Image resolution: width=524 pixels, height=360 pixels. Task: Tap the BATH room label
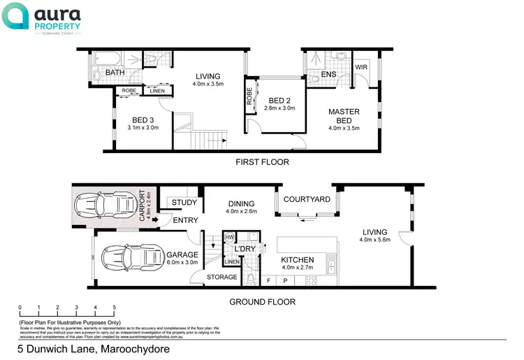pyautogui.click(x=115, y=73)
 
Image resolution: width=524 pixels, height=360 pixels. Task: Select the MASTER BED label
pyautogui.click(x=344, y=116)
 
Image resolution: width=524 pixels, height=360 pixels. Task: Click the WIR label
pyautogui.click(x=361, y=67)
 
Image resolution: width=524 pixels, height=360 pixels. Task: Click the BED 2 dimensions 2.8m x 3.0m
pyautogui.click(x=280, y=108)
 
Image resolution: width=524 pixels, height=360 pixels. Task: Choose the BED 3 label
pyautogui.click(x=143, y=120)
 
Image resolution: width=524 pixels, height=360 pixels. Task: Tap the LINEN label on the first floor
pyautogui.click(x=157, y=90)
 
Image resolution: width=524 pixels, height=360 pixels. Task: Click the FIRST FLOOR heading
pyautogui.click(x=263, y=162)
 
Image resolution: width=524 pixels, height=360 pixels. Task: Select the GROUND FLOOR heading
pyautogui.click(x=263, y=302)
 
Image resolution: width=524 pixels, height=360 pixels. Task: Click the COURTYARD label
pyautogui.click(x=307, y=199)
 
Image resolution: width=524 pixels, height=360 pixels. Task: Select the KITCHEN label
pyautogui.click(x=298, y=260)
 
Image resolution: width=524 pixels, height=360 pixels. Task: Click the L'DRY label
pyautogui.click(x=245, y=249)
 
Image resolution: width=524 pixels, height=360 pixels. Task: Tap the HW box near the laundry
pyautogui.click(x=228, y=238)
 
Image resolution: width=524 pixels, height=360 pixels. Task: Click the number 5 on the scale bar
pyautogui.click(x=115, y=307)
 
